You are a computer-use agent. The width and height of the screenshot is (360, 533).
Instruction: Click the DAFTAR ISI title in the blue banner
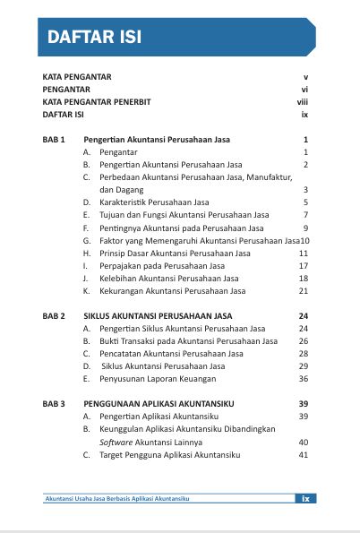(94, 38)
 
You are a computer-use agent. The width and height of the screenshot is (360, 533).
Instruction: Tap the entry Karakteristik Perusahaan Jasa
(154, 202)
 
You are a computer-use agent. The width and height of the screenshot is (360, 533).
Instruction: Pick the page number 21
(304, 291)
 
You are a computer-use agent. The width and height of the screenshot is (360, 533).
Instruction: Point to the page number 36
(304, 379)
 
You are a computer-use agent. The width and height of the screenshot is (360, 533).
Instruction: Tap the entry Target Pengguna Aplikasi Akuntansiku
(170, 455)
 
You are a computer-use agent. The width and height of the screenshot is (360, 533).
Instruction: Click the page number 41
(304, 455)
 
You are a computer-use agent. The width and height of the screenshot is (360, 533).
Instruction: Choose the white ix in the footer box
(305, 499)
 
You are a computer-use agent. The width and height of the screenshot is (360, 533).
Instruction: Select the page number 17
(304, 266)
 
